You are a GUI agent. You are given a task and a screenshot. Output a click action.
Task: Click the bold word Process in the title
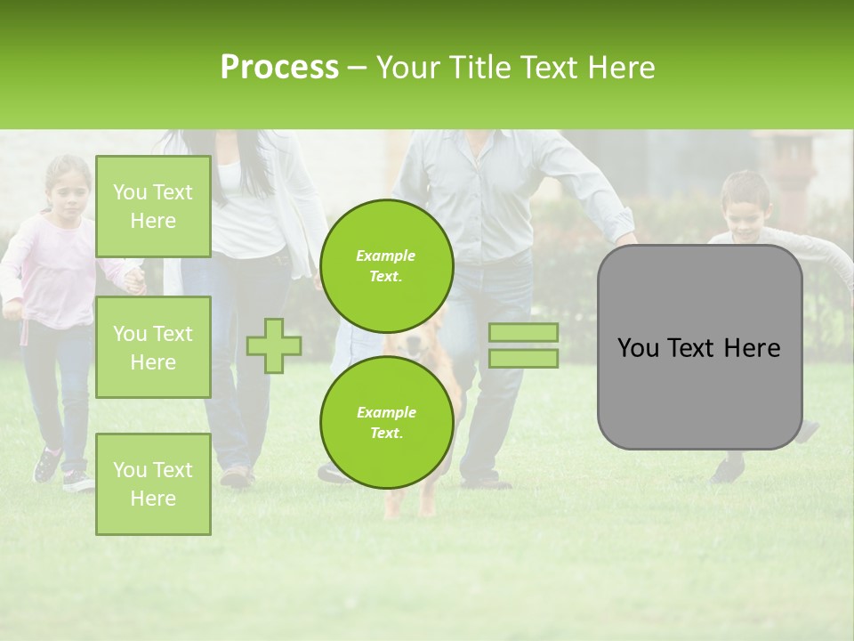pos(279,67)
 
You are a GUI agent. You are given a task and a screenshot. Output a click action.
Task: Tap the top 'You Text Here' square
pos(153,207)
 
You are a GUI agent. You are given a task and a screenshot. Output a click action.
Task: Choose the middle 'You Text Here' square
pos(153,347)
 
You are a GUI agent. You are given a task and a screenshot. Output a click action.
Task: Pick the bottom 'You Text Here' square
pos(153,483)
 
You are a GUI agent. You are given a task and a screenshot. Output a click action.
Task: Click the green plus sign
pos(273,345)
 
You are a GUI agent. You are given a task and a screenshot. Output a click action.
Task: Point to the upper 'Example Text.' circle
pos(386,265)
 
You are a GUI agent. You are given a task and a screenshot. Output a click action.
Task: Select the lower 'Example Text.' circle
pos(386,422)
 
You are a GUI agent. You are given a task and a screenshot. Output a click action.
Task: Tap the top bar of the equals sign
pos(523,332)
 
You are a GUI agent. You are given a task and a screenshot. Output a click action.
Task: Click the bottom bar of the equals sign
pos(523,358)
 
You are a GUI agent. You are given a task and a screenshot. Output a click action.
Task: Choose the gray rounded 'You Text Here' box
pos(699,347)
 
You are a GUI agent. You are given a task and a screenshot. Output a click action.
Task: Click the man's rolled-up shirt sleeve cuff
pos(618,223)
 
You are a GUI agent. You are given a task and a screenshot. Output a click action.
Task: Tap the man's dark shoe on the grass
pos(487,482)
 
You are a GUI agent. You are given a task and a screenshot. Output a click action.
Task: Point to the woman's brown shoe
pos(237,477)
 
